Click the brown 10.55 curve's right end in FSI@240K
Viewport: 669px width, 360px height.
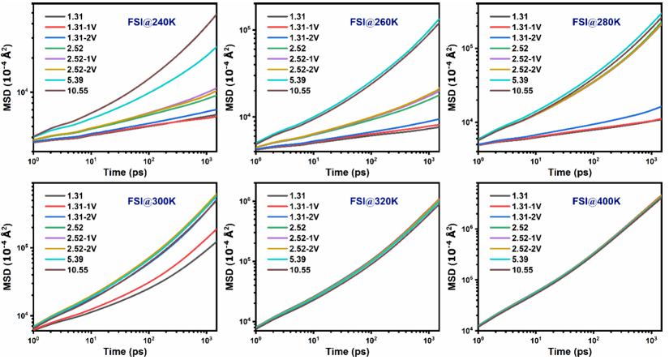coord(216,15)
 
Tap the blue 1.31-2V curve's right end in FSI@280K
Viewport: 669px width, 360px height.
coord(661,107)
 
